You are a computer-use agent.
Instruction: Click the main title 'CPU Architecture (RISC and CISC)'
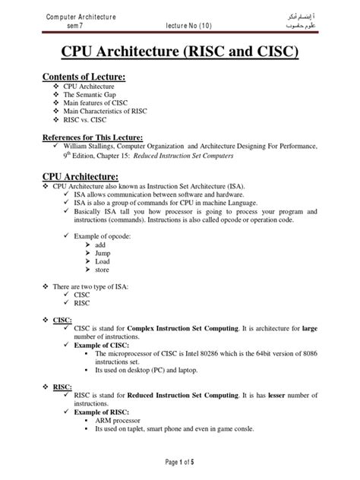(x=180, y=54)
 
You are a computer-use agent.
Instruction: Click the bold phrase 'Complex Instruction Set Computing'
(x=202, y=327)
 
